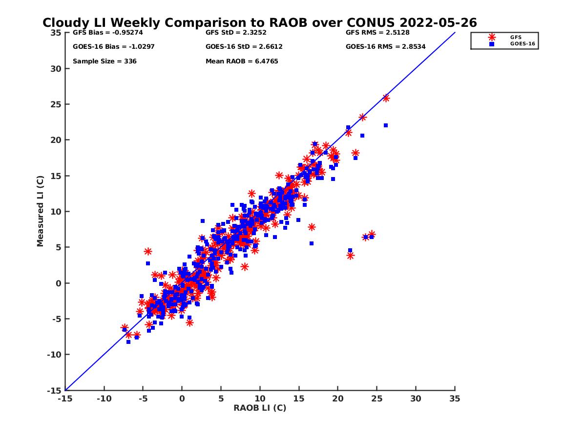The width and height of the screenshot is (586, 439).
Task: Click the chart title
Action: pyautogui.click(x=259, y=23)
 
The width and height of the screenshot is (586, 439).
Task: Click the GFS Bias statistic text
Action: pyautogui.click(x=101, y=33)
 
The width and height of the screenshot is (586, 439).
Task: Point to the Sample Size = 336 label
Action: pyautogui.click(x=105, y=61)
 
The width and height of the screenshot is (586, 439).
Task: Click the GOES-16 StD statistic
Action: pyautogui.click(x=244, y=47)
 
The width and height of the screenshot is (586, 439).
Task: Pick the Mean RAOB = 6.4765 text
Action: pyautogui.click(x=242, y=61)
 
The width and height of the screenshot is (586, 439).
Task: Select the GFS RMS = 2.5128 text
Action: pyautogui.click(x=377, y=33)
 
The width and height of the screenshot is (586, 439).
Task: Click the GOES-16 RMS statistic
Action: pyautogui.click(x=384, y=47)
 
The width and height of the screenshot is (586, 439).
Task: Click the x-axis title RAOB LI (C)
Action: pyautogui.click(x=259, y=408)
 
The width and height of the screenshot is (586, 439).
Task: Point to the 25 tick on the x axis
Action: pyautogui.click(x=377, y=399)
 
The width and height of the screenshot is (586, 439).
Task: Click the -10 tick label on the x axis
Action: pyautogui.click(x=104, y=399)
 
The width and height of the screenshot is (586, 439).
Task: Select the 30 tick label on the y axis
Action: pyautogui.click(x=55, y=69)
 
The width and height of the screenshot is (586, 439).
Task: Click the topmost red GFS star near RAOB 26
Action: pyautogui.click(x=386, y=98)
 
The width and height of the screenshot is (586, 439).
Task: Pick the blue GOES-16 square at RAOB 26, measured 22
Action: pyautogui.click(x=385, y=125)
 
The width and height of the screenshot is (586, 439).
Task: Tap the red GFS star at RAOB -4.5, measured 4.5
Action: pyautogui.click(x=148, y=251)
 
